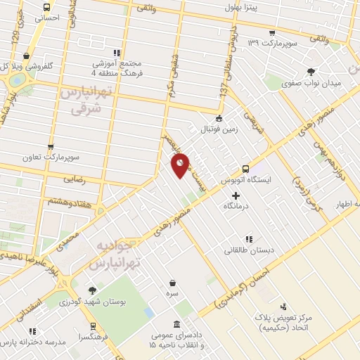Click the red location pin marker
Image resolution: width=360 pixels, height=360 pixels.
(x=180, y=166)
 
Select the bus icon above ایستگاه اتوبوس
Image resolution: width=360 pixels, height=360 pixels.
(x=245, y=169)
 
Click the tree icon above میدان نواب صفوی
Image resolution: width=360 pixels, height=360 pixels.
(x=310, y=72)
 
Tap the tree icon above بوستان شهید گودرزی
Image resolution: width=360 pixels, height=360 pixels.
(x=91, y=290)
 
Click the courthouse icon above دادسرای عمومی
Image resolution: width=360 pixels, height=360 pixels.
(x=175, y=324)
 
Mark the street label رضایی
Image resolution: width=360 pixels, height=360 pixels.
(x=75, y=179)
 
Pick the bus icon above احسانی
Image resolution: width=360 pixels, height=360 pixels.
(x=46, y=4)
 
